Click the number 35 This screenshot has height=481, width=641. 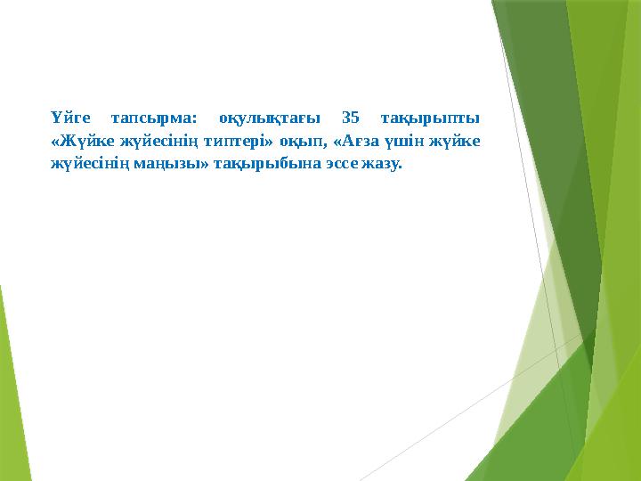[351, 118]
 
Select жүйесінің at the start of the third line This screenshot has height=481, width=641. [83, 164]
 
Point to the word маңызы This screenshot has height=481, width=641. [159, 164]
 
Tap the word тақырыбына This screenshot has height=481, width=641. [258, 164]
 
